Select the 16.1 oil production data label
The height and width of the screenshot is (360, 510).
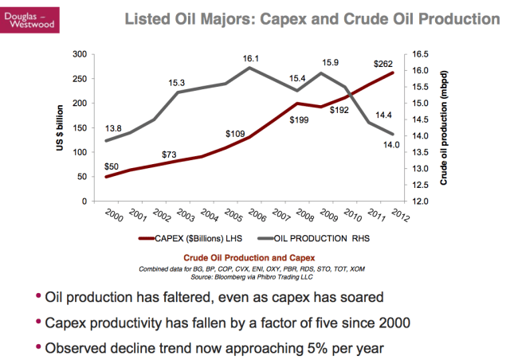[251, 58]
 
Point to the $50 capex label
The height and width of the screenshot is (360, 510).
[111, 165]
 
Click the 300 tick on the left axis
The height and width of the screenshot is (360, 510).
[79, 54]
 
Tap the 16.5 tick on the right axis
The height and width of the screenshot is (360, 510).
[421, 54]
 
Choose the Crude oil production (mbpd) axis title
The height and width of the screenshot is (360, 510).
[443, 127]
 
